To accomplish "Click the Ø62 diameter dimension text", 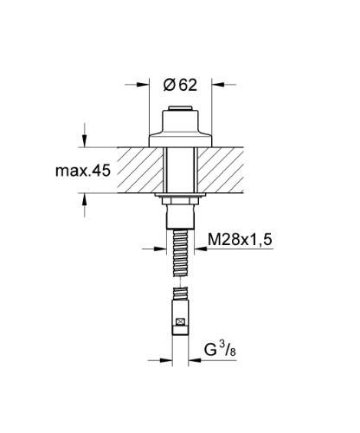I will point(180,84).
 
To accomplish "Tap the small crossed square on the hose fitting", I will point(179,326).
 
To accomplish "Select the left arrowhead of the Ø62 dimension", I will point(144,85).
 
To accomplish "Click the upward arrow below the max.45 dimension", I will point(84,200).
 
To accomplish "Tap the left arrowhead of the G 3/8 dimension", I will point(164,360).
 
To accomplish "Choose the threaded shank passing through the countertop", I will point(179,169).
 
